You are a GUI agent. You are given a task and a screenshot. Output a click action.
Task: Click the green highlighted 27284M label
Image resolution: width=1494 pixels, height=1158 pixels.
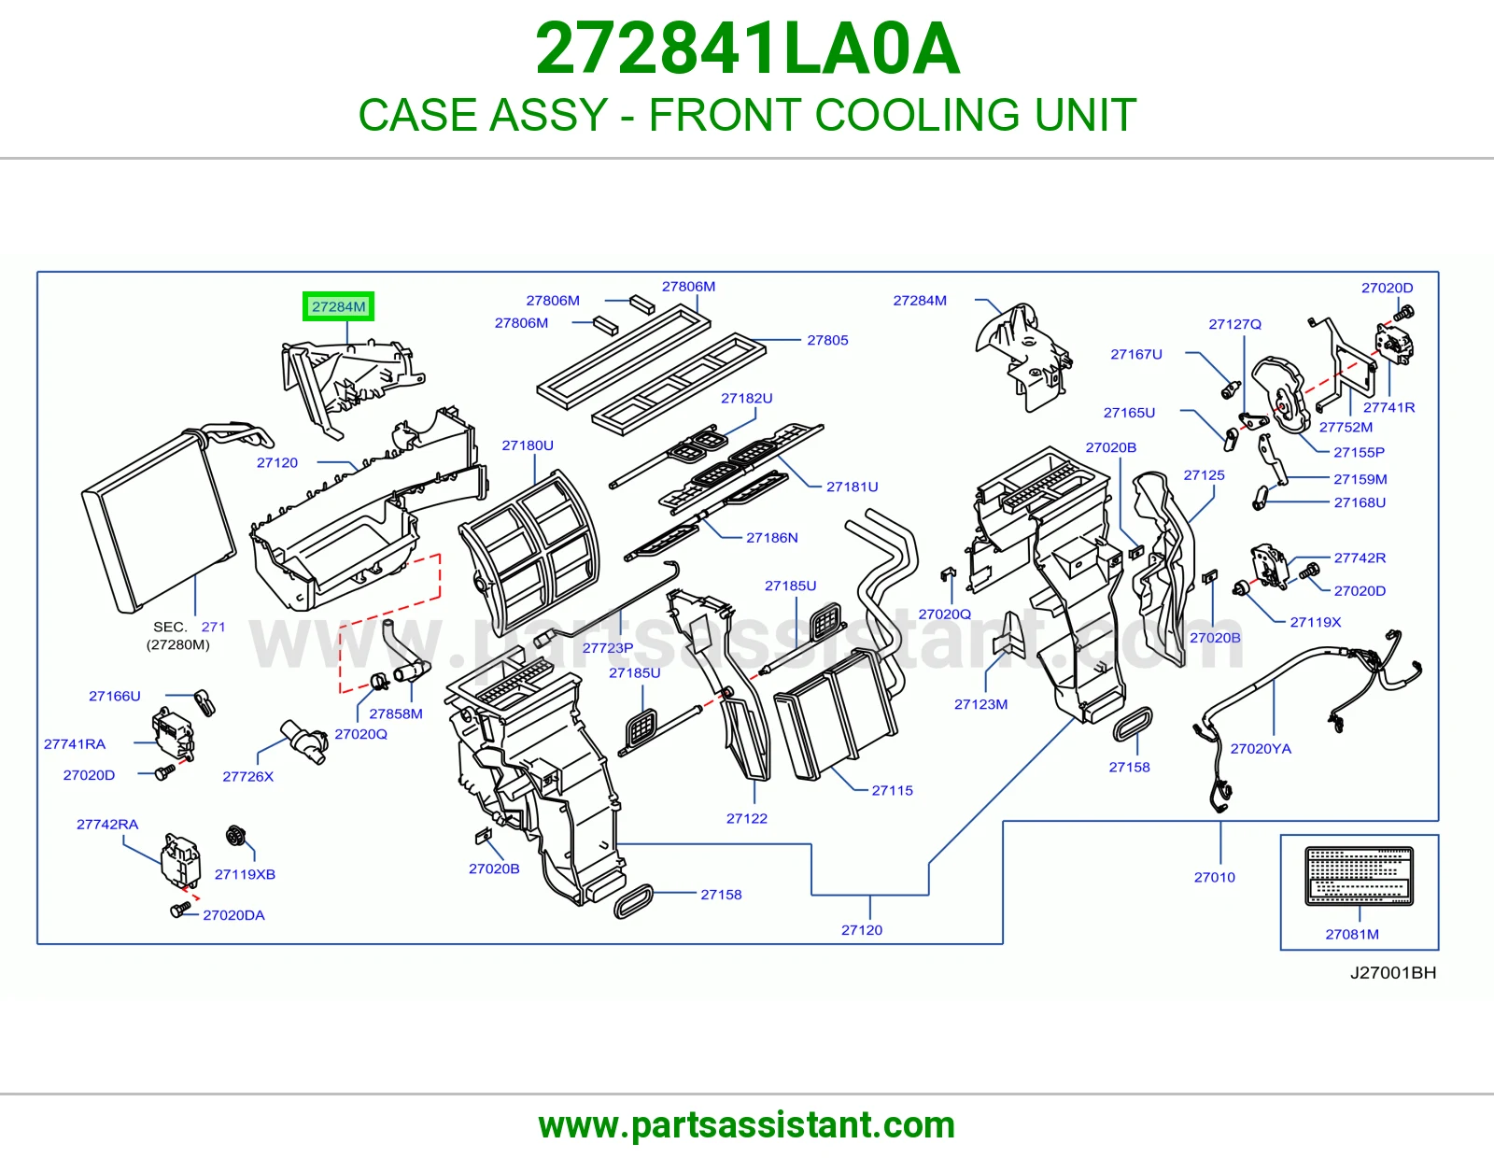pos(338,306)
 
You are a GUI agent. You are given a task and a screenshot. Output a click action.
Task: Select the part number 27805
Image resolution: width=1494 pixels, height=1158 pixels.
pos(827,340)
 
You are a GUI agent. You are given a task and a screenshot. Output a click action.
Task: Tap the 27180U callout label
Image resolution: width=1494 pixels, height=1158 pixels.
pos(528,445)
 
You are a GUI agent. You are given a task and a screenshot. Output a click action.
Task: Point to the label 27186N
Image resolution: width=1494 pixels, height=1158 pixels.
pos(772,538)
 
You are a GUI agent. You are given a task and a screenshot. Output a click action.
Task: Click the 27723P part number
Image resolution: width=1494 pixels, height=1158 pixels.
pos(608,648)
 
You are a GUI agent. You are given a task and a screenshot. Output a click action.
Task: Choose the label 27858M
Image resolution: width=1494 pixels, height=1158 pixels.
pos(395,713)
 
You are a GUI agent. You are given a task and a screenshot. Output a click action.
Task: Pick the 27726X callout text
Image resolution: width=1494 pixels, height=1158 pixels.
pos(247,776)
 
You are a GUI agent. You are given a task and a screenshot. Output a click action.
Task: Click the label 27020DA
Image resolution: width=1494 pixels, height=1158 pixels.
pos(233,915)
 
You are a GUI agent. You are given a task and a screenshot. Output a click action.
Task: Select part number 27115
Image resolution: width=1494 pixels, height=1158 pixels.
pos(893,791)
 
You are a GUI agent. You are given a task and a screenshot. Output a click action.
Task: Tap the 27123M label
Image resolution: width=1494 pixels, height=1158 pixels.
pos(981,704)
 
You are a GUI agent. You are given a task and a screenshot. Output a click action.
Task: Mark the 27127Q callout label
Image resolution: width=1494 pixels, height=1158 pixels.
pos(1234,324)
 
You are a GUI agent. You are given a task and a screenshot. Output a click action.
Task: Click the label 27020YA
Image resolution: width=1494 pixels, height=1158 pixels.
pos(1261,749)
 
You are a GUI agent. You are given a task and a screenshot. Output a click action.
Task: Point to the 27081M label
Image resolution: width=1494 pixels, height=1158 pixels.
pos(1352,935)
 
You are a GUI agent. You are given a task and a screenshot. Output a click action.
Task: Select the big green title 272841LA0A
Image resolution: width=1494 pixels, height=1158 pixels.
pos(747,49)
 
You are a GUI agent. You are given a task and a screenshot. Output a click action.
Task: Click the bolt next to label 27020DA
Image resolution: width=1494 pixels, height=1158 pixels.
pos(180,910)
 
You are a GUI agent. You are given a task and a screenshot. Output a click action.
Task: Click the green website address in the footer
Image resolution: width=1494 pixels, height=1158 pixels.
pos(747,1125)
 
